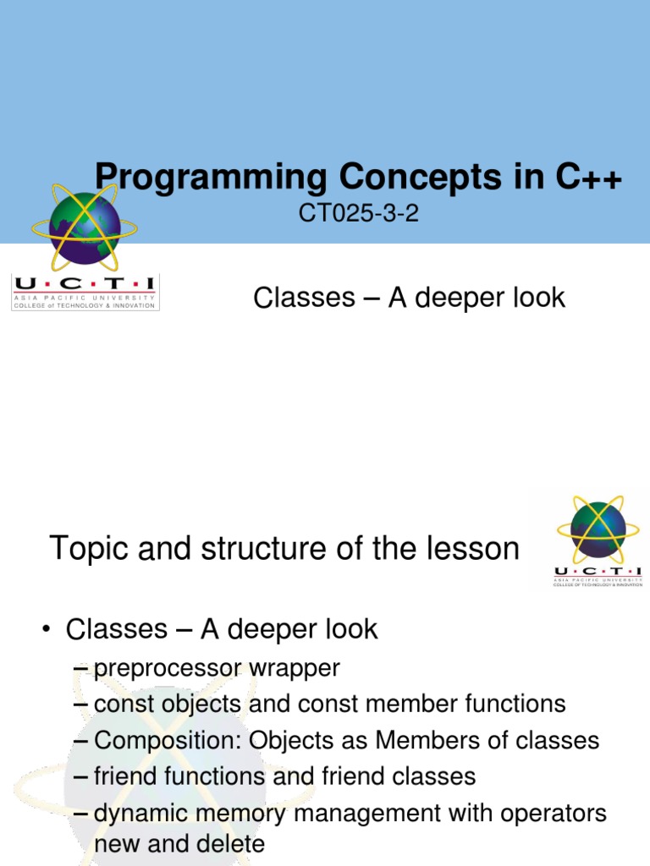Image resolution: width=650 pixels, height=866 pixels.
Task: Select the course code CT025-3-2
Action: pyautogui.click(x=359, y=214)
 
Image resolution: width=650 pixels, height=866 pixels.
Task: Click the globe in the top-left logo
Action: pyautogui.click(x=84, y=227)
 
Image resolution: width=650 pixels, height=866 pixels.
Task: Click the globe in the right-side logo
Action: pyautogui.click(x=598, y=530)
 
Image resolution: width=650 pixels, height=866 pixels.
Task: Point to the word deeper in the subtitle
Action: pyautogui.click(x=439, y=298)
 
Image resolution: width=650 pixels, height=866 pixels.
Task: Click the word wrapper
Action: pyautogui.click(x=294, y=668)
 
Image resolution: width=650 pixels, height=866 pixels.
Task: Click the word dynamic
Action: pyautogui.click(x=139, y=814)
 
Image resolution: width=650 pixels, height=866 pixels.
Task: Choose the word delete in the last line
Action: pyautogui.click(x=229, y=844)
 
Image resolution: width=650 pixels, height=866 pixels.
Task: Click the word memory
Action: pyautogui.click(x=241, y=814)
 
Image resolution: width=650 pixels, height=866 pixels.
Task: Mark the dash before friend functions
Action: pyautogui.click(x=81, y=777)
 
